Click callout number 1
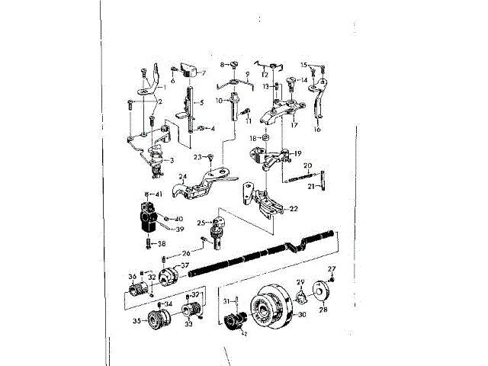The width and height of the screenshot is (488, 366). (x=163, y=88)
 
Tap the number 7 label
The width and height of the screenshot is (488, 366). (x=204, y=73)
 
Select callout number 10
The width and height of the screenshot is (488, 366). (x=219, y=100)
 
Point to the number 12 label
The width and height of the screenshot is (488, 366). (x=265, y=75)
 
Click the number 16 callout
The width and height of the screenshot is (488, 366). (x=317, y=130)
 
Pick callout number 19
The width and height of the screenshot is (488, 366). (x=297, y=153)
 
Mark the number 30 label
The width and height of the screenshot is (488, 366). (x=302, y=313)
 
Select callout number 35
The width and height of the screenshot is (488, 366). (x=138, y=322)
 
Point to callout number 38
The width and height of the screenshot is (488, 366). (x=162, y=244)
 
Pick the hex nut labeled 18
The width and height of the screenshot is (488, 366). (x=265, y=138)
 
